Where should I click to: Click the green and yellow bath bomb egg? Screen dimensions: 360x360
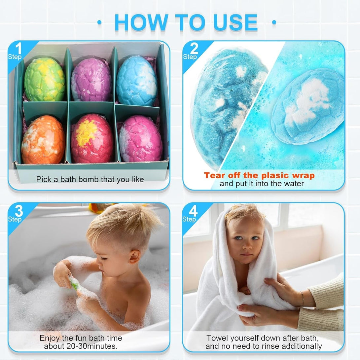pyautogui.click(x=44, y=79)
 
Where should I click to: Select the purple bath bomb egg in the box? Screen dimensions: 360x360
pyautogui.click(x=91, y=80)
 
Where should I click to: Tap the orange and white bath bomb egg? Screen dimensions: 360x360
pyautogui.click(x=43, y=139)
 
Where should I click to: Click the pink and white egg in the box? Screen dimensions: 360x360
pyautogui.click(x=141, y=138)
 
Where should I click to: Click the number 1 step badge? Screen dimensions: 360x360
pyautogui.click(x=17, y=51)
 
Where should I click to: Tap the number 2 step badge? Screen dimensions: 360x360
pyautogui.click(x=192, y=51)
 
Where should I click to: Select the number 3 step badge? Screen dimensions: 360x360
pyautogui.click(x=17, y=213)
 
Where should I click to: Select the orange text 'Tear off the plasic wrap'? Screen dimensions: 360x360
pyautogui.click(x=259, y=175)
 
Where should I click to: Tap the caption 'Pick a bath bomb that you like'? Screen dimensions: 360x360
pyautogui.click(x=90, y=180)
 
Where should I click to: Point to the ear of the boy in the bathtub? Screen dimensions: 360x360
pyautogui.click(x=134, y=256)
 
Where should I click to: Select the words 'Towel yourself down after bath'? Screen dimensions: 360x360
pyautogui.click(x=263, y=338)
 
